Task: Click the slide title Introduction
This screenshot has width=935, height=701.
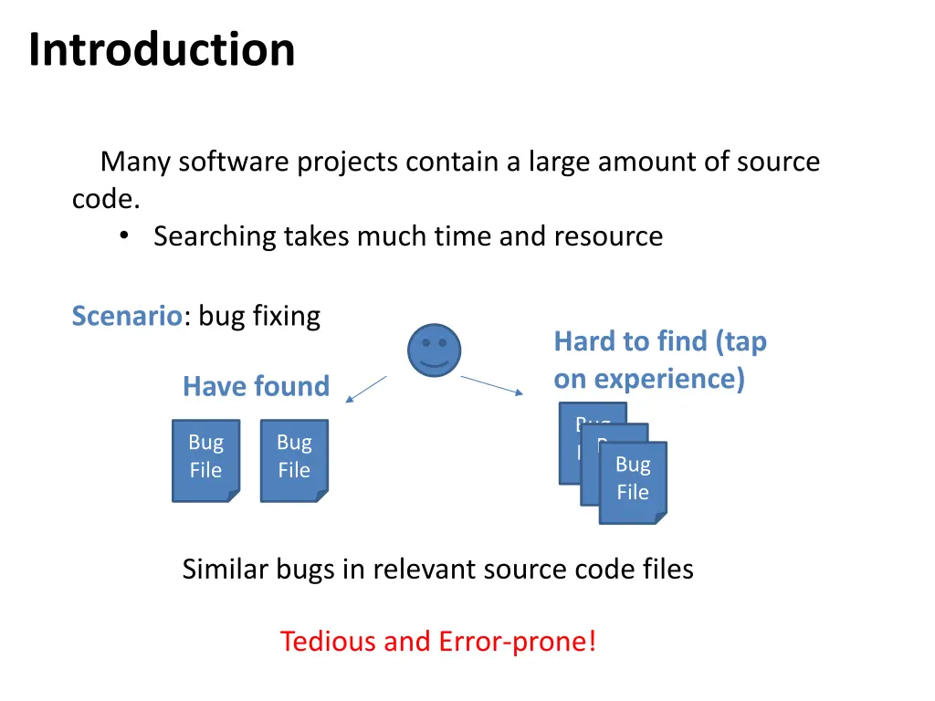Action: click(162, 49)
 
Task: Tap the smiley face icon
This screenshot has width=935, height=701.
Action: click(434, 350)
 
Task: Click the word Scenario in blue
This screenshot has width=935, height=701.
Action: click(127, 317)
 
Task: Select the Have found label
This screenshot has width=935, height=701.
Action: click(256, 386)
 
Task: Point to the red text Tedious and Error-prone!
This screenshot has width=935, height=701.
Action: click(438, 641)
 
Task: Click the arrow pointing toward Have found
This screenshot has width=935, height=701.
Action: click(367, 389)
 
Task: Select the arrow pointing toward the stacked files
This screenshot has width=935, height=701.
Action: click(492, 385)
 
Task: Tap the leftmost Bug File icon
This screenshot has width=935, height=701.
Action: click(205, 460)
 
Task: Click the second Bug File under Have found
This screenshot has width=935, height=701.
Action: click(294, 460)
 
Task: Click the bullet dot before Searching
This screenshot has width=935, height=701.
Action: click(124, 236)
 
